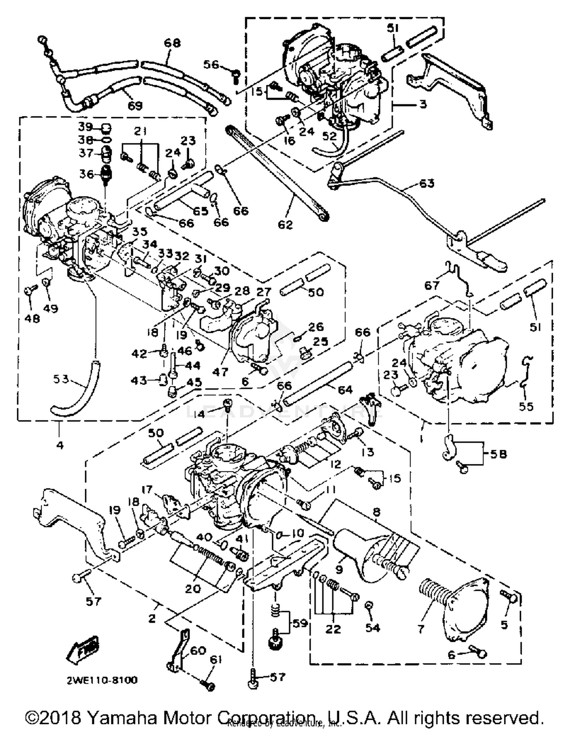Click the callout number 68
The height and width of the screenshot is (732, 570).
(x=172, y=43)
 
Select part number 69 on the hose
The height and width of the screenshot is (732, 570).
(x=135, y=105)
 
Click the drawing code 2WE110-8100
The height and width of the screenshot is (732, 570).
(x=102, y=680)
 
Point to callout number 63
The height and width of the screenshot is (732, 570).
(x=426, y=184)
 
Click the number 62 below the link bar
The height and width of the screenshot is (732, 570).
(x=285, y=225)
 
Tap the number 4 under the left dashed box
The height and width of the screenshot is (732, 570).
(x=60, y=444)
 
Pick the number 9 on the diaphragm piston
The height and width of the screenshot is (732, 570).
(x=339, y=570)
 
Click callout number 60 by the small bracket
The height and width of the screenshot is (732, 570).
(x=198, y=651)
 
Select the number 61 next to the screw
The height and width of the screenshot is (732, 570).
(x=215, y=660)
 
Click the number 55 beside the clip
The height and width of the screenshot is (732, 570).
(x=526, y=406)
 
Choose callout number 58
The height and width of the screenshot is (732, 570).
(x=498, y=454)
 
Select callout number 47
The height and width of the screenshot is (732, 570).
(x=220, y=372)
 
